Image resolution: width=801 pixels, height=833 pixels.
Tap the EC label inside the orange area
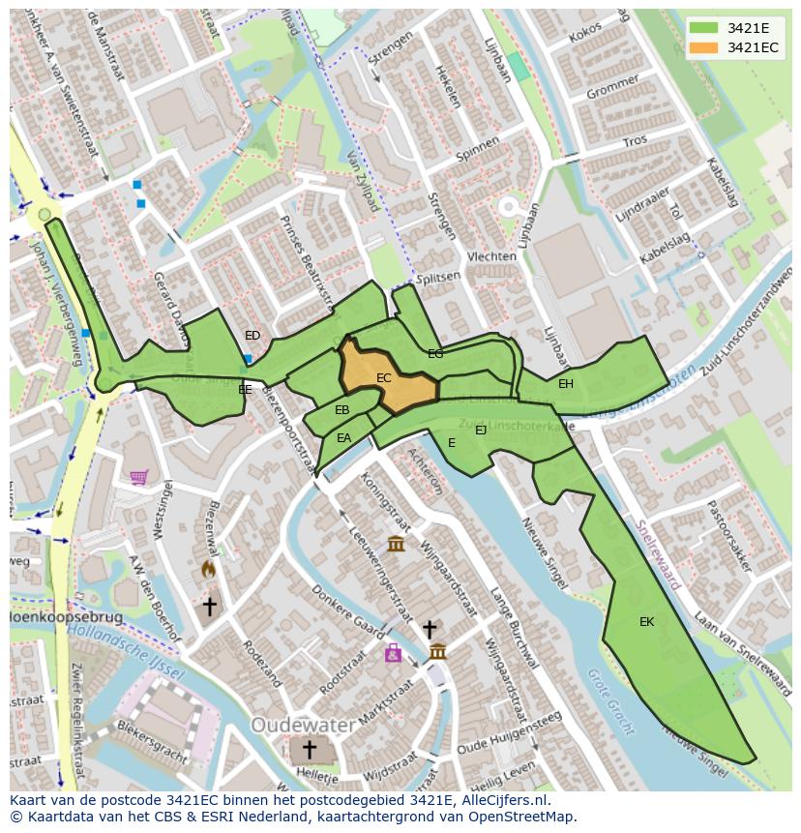click(384, 378)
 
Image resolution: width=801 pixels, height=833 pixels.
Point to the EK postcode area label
click(646, 622)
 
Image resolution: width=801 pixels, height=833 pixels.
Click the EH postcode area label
click(566, 384)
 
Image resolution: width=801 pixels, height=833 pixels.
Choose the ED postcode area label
click(252, 336)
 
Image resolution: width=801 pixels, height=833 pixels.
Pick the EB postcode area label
click(341, 410)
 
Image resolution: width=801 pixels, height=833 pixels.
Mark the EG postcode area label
click(435, 354)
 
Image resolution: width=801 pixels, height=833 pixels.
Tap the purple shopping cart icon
click(139, 477)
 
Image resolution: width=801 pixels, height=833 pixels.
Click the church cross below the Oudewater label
click(310, 750)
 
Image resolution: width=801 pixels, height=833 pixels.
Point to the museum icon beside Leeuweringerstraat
click(396, 544)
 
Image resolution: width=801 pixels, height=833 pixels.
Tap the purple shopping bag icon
click(393, 654)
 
